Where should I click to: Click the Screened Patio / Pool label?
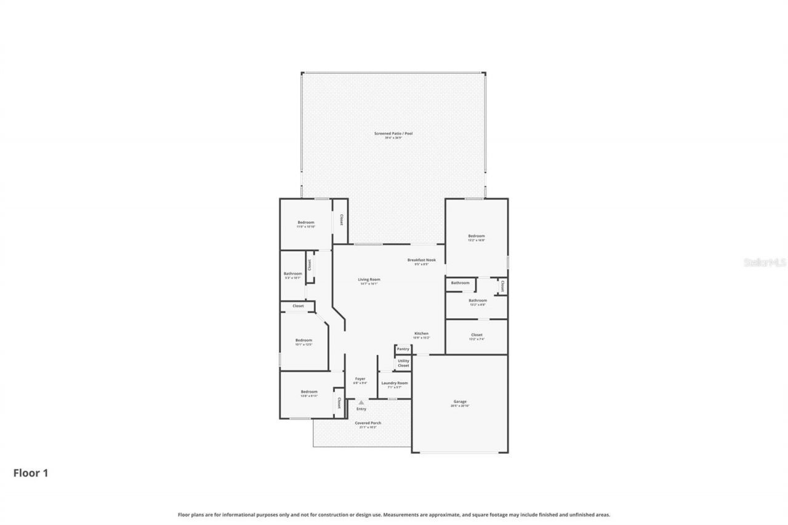(x=393, y=135)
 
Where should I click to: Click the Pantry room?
(x=403, y=349)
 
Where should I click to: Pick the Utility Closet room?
(x=403, y=363)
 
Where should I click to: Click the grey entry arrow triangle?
(x=361, y=403)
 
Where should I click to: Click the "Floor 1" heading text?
(x=31, y=473)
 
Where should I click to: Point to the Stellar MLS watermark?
(x=765, y=262)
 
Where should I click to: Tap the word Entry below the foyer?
(x=361, y=409)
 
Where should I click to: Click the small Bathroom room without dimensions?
(x=460, y=283)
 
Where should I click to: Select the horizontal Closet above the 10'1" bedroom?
(x=298, y=306)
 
